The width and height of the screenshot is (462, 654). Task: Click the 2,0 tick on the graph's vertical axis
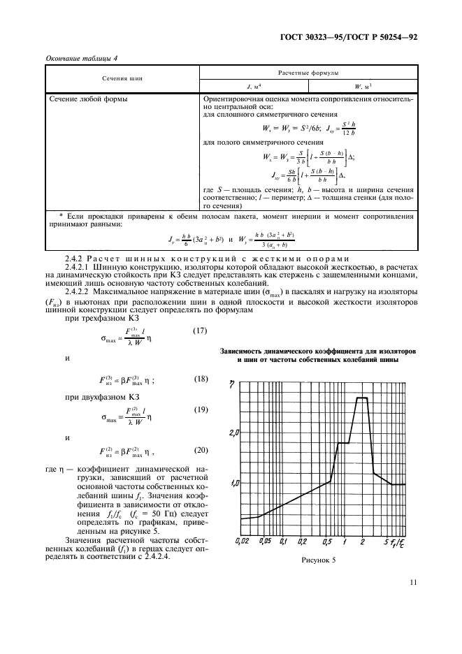[x=234, y=433]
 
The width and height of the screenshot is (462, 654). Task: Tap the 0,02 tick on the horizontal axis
[x=243, y=541]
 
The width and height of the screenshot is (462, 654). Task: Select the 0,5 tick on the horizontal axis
[x=329, y=541]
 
